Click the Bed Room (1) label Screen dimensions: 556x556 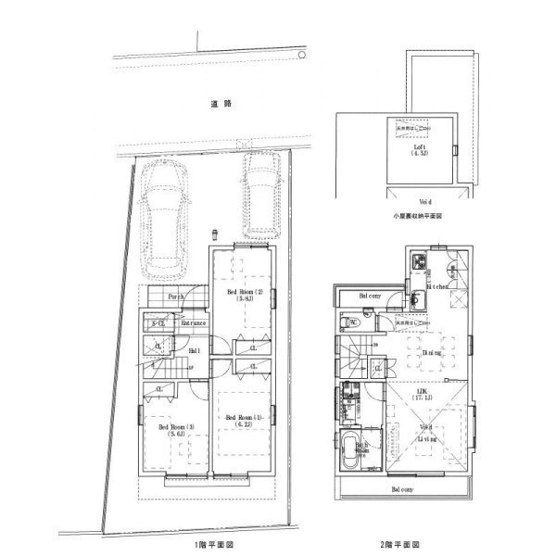246,421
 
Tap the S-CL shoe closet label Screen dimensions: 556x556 158,323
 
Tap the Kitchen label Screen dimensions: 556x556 437,287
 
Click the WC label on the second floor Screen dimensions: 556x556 351,322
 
